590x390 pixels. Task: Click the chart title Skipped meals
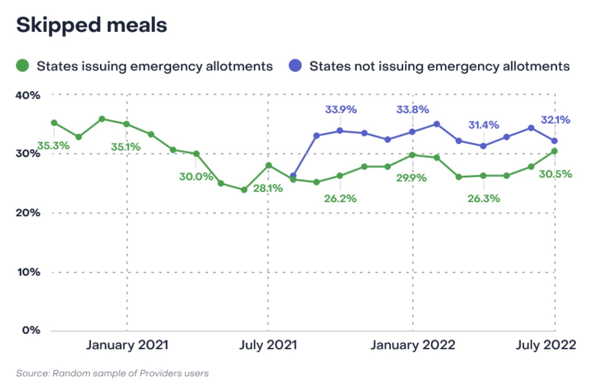coord(91,25)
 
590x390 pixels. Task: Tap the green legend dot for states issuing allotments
coord(22,66)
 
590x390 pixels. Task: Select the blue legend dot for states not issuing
coord(295,66)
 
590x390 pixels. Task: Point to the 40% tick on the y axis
coord(28,95)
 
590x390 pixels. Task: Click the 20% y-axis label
coord(28,213)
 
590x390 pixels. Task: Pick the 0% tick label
coord(31,330)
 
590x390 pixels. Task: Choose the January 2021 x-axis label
coord(127,345)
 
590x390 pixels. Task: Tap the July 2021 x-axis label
coord(268,345)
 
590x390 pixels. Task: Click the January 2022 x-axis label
coord(413,345)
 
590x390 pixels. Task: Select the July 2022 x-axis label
coord(546,345)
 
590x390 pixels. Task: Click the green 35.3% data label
coord(53,145)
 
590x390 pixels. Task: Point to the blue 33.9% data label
coord(341,109)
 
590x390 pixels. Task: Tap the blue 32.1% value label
coord(555,120)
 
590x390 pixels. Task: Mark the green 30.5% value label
coord(555,174)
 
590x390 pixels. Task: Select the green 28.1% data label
coord(268,188)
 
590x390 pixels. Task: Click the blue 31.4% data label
coord(483,125)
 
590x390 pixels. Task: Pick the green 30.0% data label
coord(196,176)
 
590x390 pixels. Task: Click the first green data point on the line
coord(54,123)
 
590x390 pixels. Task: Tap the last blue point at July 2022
coord(554,141)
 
